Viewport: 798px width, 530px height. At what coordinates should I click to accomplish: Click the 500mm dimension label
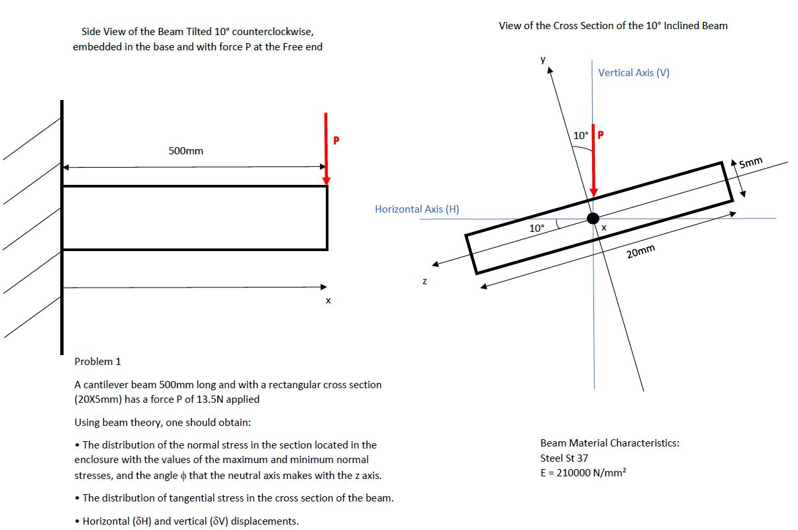coord(186,151)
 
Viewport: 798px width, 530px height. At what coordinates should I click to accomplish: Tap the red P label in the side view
coord(336,140)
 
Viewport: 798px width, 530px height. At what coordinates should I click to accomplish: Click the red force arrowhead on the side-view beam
coord(326,180)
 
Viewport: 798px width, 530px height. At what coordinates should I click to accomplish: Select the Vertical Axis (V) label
coord(634,73)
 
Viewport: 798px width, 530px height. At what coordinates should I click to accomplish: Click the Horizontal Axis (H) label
coord(417,209)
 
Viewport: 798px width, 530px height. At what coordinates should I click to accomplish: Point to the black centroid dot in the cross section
coord(593,219)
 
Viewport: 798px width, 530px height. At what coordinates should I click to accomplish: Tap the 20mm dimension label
coord(640,251)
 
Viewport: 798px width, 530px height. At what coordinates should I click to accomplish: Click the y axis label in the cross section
coord(543,59)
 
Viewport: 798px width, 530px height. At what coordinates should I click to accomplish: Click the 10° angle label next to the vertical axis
coord(580,135)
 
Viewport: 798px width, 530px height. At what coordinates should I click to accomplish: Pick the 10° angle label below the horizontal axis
coord(536,228)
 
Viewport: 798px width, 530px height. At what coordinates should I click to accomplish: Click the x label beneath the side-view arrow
coord(328,301)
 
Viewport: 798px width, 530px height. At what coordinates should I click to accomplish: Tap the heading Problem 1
coord(97,362)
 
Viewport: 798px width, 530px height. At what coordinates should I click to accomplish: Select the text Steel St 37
coord(564,458)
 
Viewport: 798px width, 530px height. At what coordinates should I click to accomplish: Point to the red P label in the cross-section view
coord(601,135)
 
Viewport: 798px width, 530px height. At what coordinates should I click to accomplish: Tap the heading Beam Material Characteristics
coord(609,443)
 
